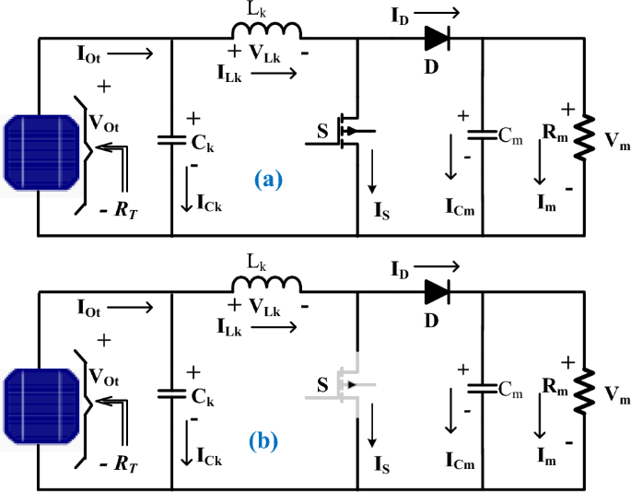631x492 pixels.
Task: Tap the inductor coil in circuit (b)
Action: click(274, 285)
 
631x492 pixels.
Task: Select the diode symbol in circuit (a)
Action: click(438, 38)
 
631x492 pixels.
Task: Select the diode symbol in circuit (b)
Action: click(438, 292)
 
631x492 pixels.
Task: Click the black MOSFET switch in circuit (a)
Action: click(345, 131)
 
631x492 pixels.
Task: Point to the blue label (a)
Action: click(268, 181)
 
